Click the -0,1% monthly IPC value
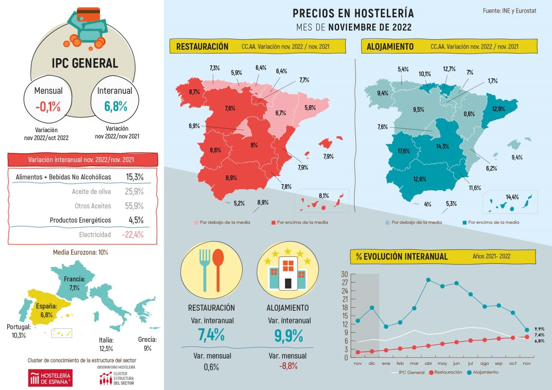[48, 107]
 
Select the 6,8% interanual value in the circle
[116, 106]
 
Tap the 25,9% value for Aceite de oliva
[134, 191]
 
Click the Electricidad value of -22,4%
[132, 235]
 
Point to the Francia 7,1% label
[75, 283]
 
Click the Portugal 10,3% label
[19, 331]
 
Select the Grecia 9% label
[147, 344]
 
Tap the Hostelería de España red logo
[50, 378]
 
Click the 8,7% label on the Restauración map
[194, 92]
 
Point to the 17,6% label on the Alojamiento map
[404, 151]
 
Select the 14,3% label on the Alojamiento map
[442, 147]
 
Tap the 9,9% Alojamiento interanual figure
[288, 336]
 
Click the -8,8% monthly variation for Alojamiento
[288, 366]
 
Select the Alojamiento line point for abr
[428, 280]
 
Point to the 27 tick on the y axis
[345, 282]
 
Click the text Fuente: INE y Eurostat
[509, 11]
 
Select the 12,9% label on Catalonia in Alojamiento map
[498, 109]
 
